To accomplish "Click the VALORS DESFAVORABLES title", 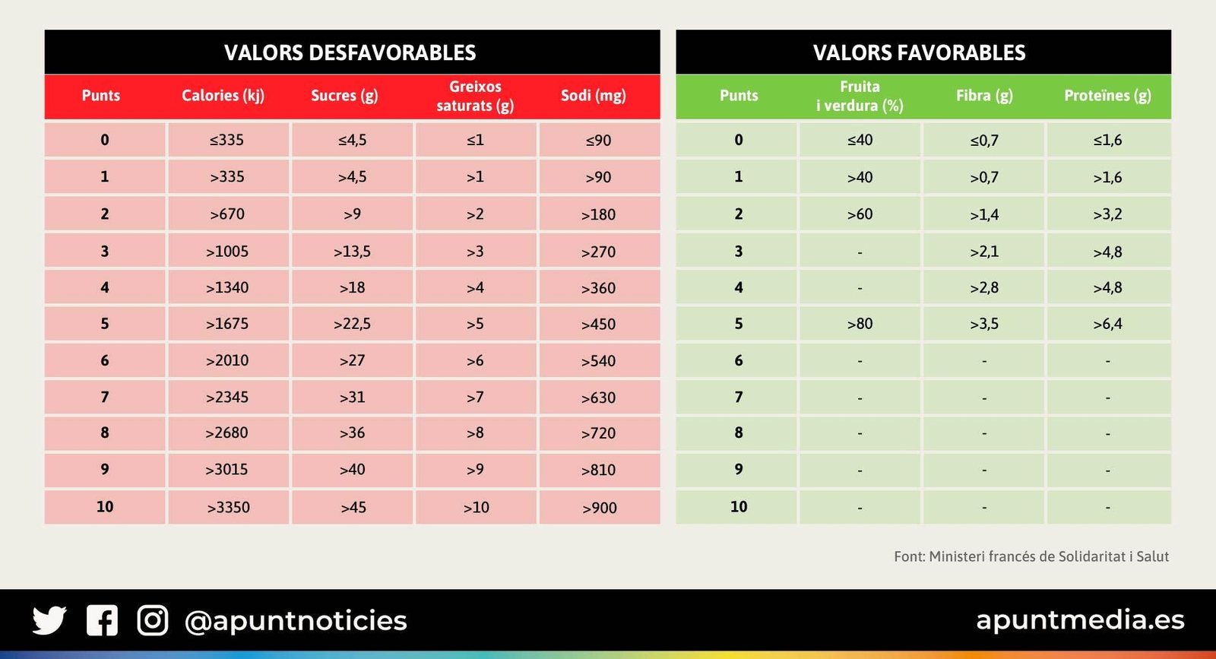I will [350, 52].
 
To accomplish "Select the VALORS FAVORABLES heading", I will [919, 52].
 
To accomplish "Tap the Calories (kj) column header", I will [223, 96].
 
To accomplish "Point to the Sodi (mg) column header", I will [593, 96].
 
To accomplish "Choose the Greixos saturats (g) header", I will [475, 97].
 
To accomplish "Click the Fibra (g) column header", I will [984, 96].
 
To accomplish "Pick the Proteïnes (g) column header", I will [1107, 96].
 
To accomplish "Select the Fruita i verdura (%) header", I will [860, 97].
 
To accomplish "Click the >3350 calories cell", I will [228, 507].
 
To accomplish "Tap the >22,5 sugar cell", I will [352, 324].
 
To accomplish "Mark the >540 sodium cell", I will [598, 361].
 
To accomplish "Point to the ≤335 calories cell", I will [227, 140].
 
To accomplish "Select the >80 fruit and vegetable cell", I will [860, 324].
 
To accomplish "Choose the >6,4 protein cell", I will [1107, 324].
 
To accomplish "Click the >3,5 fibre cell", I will [984, 324].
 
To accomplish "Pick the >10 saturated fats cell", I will [476, 507].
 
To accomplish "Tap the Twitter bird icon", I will [49, 620].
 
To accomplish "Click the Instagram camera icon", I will [153, 620].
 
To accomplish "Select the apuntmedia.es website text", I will [1080, 620].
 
